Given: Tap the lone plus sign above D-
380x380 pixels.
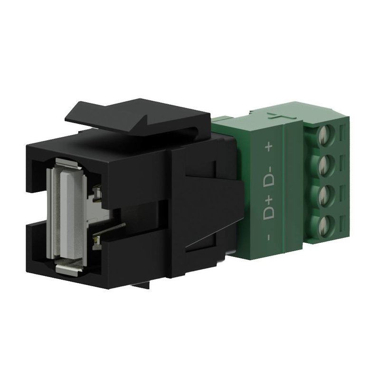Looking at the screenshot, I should pos(269,148).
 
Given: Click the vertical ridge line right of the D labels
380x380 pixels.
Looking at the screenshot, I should pos(284,190).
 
